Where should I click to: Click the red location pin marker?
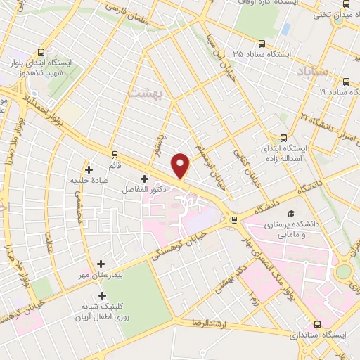181,165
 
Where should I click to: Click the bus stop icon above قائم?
114,154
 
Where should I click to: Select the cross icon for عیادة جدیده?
89,169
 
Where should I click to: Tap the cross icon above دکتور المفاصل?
145,179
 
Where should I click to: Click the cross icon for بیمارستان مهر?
103,263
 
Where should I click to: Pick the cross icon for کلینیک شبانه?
103,296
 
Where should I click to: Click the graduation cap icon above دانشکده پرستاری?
290,214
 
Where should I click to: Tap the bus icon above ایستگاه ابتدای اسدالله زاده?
283,138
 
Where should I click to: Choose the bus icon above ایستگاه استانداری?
318,324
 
